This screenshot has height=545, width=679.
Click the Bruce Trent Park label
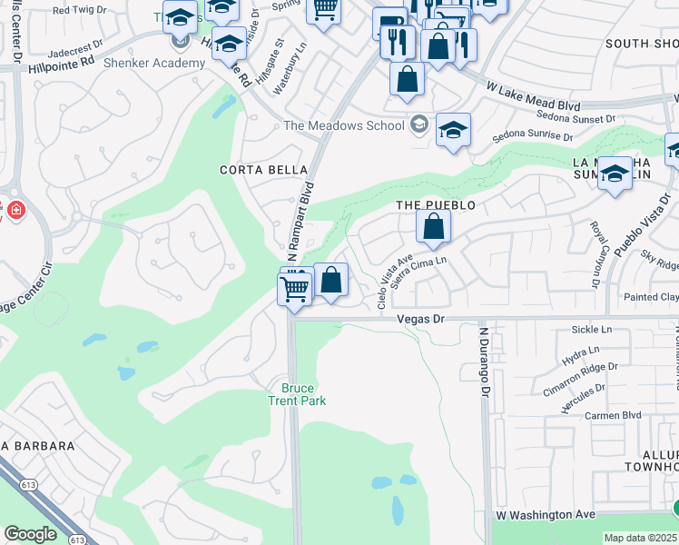click(297, 394)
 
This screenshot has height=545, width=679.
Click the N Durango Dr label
click(485, 364)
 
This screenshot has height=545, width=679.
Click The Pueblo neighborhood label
click(436, 206)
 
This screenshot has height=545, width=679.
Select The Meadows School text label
click(344, 126)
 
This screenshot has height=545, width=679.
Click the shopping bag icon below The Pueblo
click(434, 227)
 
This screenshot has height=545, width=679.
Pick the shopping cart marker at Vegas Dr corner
click(294, 291)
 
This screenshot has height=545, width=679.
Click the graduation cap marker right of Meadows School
click(453, 130)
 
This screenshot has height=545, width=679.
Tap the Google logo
click(30, 534)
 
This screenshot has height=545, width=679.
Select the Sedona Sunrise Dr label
click(533, 137)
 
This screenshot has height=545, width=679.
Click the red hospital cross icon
click(15, 211)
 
